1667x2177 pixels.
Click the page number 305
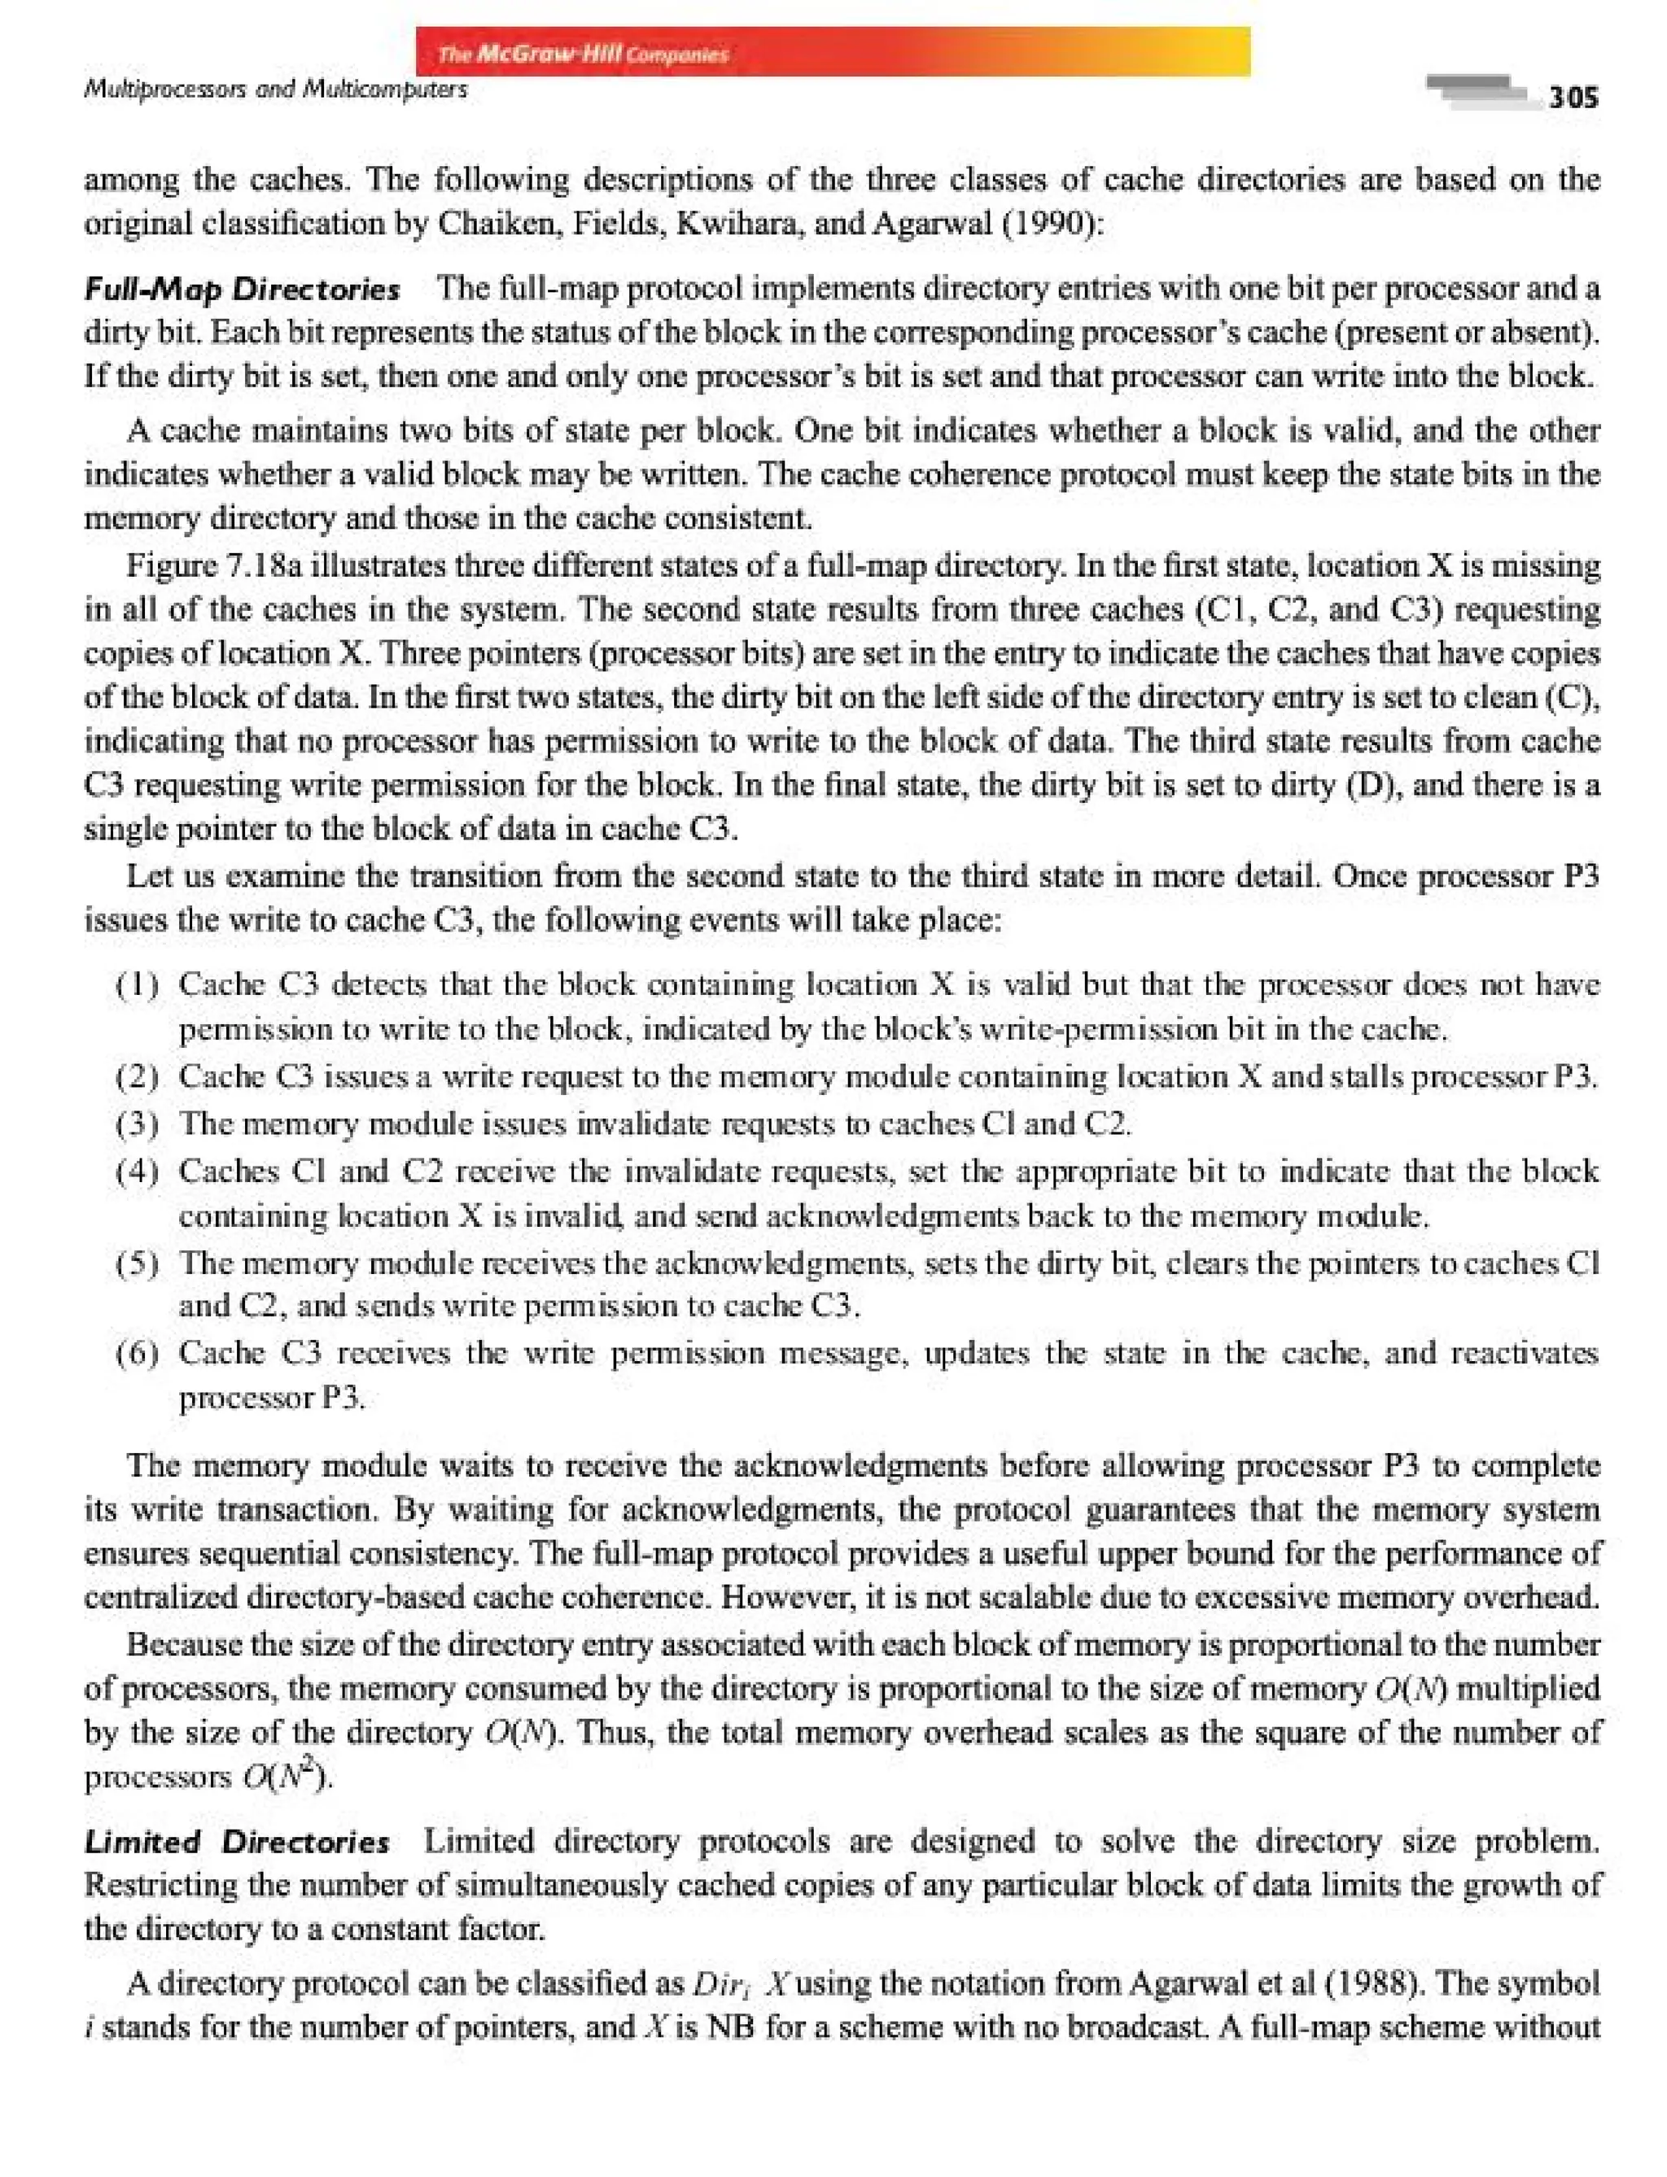pos(1573,97)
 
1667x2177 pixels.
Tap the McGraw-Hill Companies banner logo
pos(584,54)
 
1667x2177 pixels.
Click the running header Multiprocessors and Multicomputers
pos(276,90)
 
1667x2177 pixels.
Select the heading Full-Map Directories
pos(243,290)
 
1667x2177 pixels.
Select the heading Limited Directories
pos(237,1842)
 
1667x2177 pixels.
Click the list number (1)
pos(138,985)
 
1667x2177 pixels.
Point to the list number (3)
pos(138,1123)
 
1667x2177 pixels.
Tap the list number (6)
pos(138,1354)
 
